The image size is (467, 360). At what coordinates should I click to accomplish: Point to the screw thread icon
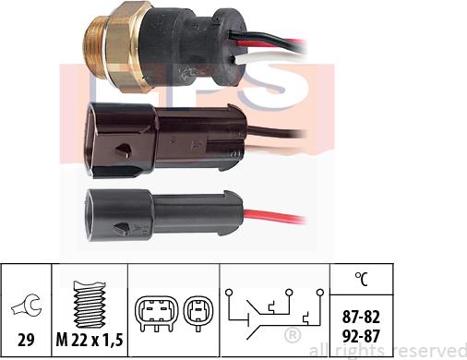90,295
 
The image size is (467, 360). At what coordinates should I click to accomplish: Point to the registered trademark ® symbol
292,334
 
